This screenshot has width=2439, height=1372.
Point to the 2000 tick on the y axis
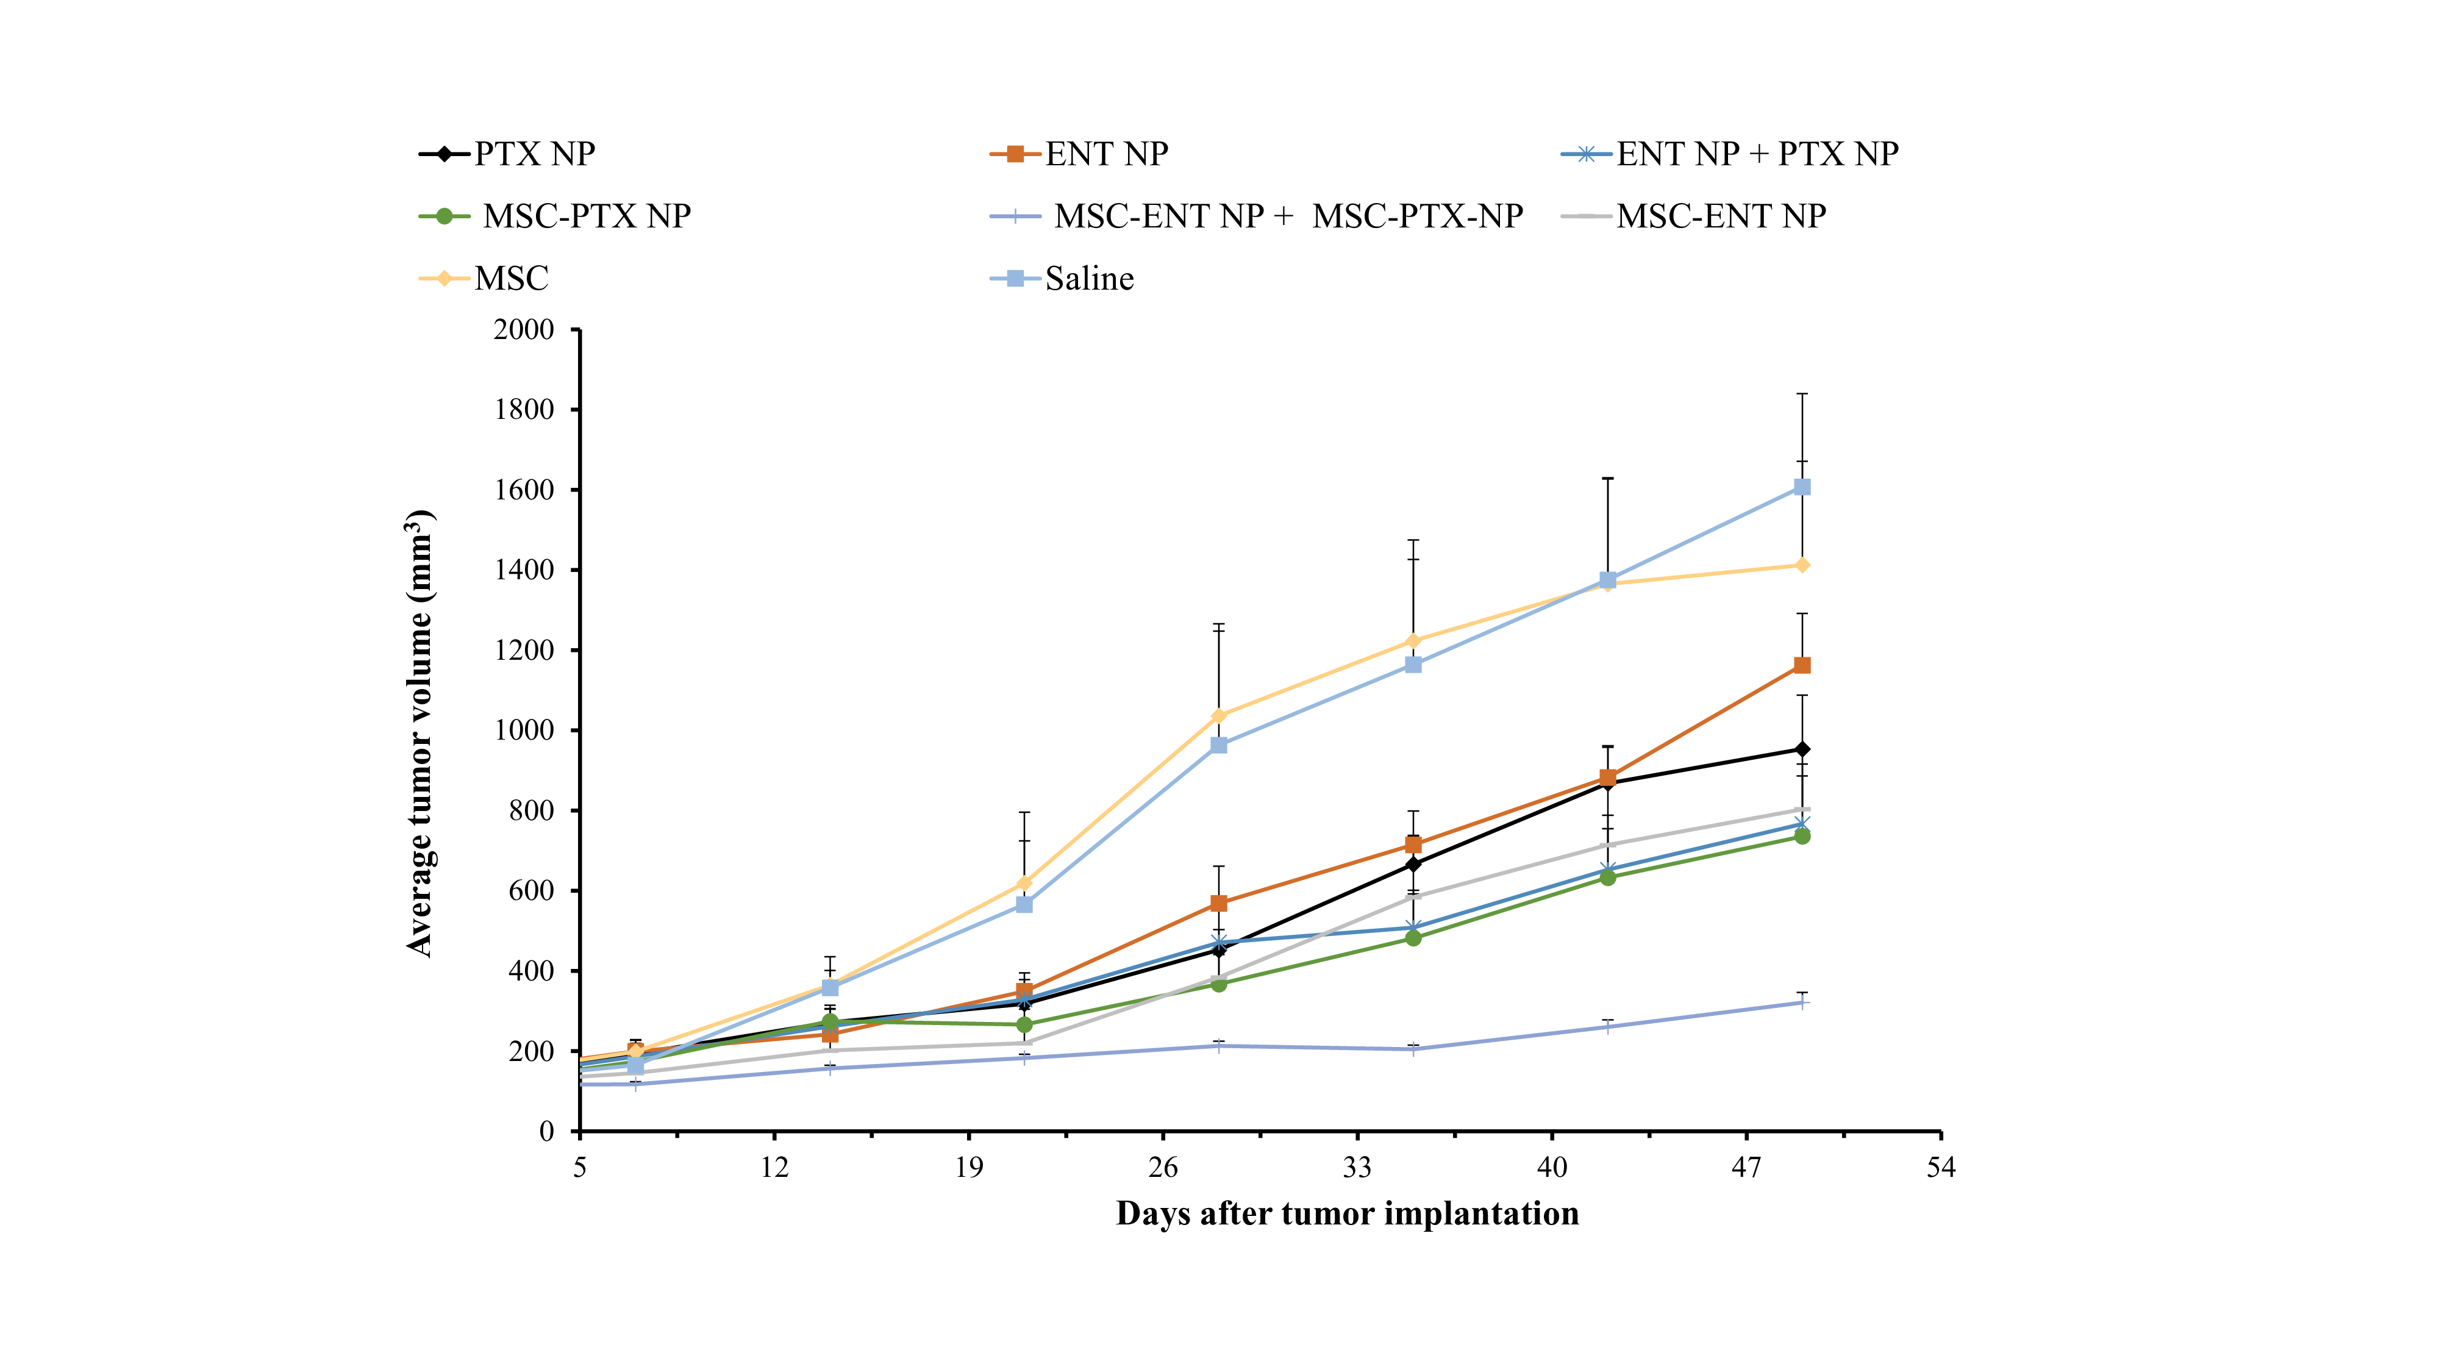point(524,329)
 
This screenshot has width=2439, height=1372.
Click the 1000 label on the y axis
point(524,730)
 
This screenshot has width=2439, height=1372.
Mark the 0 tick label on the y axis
point(546,1132)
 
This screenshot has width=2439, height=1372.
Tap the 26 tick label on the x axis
point(1163,1168)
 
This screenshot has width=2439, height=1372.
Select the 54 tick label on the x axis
point(1941,1168)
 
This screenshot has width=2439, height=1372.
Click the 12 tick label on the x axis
point(774,1168)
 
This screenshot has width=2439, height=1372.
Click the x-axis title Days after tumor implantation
point(1348,1214)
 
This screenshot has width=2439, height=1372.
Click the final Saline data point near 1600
point(1802,487)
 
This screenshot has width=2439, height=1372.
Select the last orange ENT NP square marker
point(1802,666)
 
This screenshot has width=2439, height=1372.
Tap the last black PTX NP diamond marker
point(1802,749)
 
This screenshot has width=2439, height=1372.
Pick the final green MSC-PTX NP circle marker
point(1802,836)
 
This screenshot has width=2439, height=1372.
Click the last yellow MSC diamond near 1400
point(1802,565)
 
